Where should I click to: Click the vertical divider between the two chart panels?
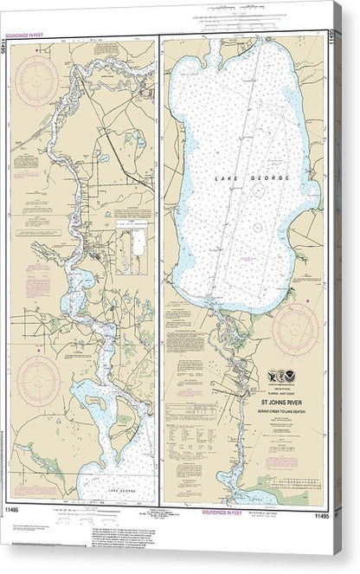[x=158, y=268]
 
